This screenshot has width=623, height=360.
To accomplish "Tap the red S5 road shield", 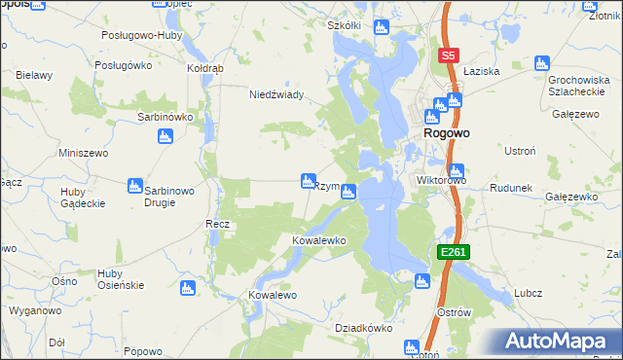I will tap(448, 56).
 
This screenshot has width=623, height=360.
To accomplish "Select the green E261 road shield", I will tap(454, 252).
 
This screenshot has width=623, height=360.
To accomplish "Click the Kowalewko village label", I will tap(320, 239).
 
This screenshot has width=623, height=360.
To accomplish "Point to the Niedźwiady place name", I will tap(277, 94).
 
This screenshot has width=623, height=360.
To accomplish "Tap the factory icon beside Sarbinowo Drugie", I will tap(135, 185).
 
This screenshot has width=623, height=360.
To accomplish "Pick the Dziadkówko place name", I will tap(362, 328).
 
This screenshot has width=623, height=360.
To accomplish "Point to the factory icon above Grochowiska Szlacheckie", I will tap(542, 63).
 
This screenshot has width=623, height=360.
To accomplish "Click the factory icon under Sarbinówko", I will tap(164, 137).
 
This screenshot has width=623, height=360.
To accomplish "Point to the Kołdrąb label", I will tap(205, 69).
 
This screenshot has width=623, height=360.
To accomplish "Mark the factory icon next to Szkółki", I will tap(383, 26).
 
